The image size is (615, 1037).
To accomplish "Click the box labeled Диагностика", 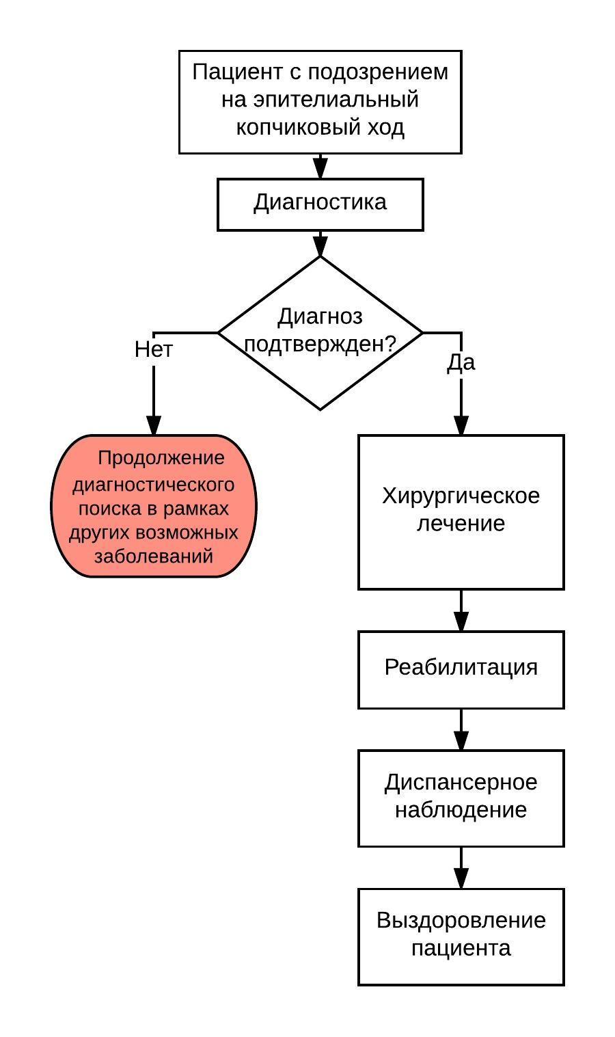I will [x=320, y=204].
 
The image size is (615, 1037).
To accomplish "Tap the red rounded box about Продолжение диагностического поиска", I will [x=154, y=506].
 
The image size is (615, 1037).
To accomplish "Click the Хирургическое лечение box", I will [x=461, y=511].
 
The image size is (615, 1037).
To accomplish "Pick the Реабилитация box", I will [x=461, y=669].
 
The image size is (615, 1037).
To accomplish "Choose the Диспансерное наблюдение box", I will [x=461, y=797].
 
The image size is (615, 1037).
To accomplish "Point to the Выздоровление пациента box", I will [x=461, y=936].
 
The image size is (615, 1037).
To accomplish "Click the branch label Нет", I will [x=154, y=349].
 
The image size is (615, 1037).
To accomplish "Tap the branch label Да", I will [x=461, y=362].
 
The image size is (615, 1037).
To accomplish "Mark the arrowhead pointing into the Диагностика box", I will [x=320, y=168].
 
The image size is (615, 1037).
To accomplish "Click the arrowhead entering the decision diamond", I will [x=320, y=246].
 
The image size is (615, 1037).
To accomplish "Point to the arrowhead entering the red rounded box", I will [x=154, y=425].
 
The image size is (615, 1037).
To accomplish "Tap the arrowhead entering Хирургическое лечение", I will [x=461, y=425].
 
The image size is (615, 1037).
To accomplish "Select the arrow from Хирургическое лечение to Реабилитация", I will [x=461, y=610].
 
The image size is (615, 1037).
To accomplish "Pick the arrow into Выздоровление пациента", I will [x=461, y=869].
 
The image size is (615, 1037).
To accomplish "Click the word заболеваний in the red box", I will [x=154, y=556].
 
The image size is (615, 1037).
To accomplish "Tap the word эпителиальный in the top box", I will [x=336, y=100].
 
